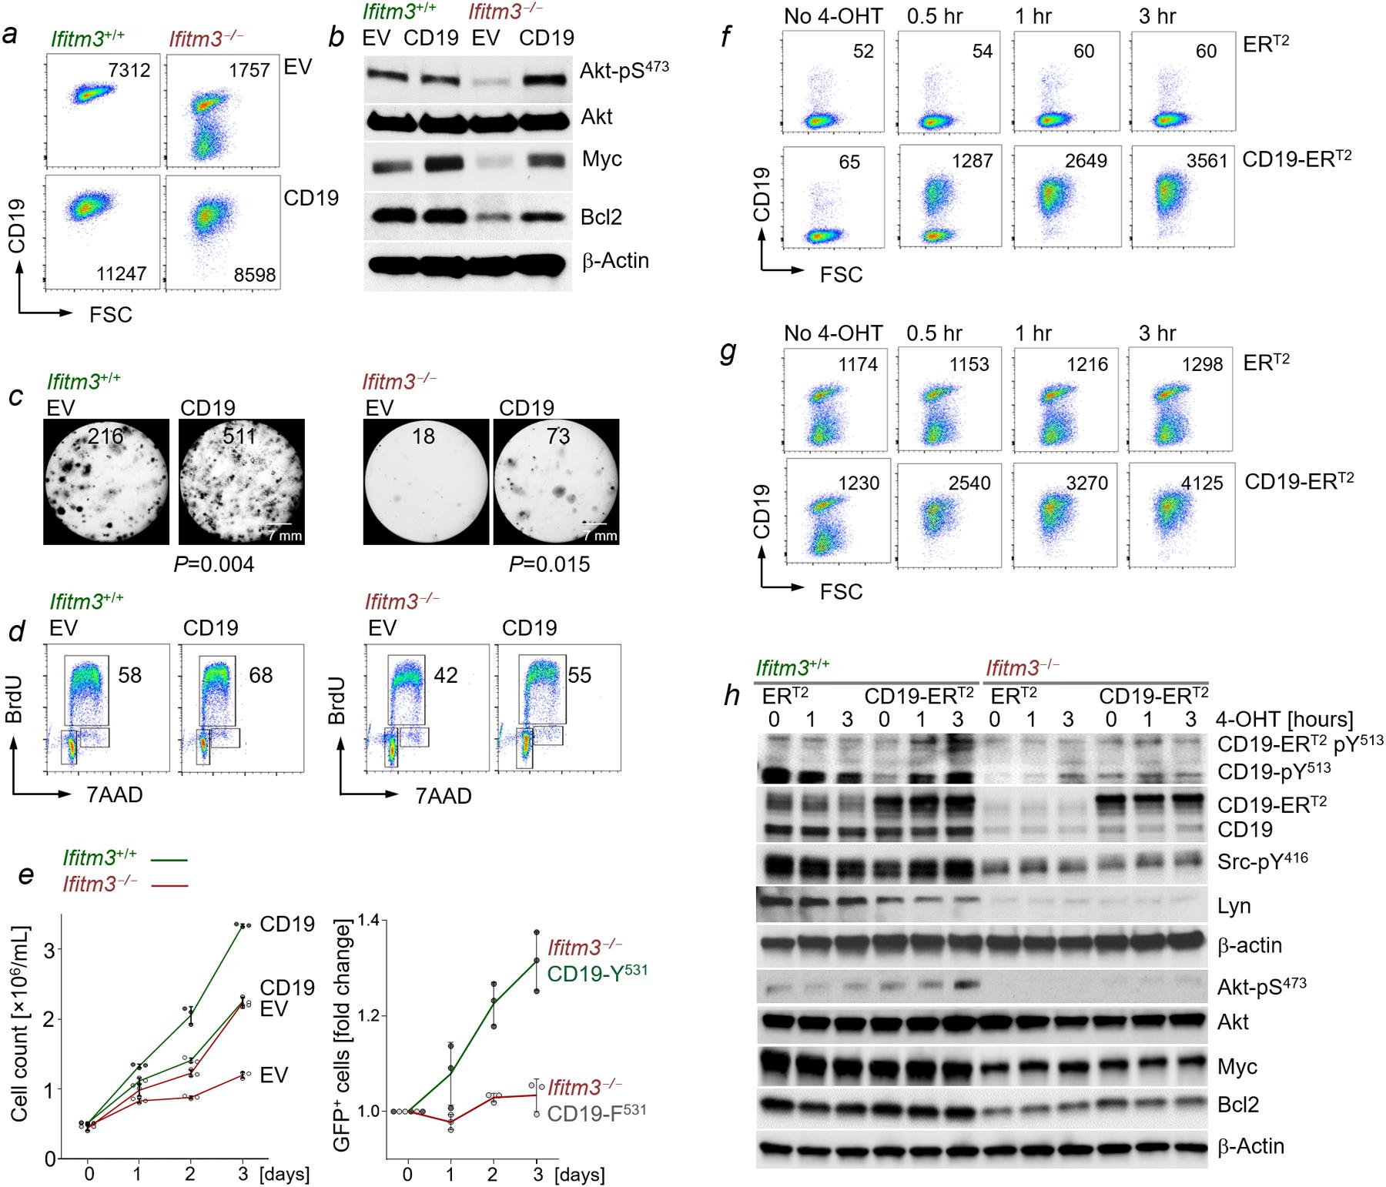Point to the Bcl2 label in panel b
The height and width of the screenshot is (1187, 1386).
coord(601,218)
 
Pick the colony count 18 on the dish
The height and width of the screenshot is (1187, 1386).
coord(423,436)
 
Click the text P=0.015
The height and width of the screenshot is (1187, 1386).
coord(549,564)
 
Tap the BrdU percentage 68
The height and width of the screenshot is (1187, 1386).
coord(260,675)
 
